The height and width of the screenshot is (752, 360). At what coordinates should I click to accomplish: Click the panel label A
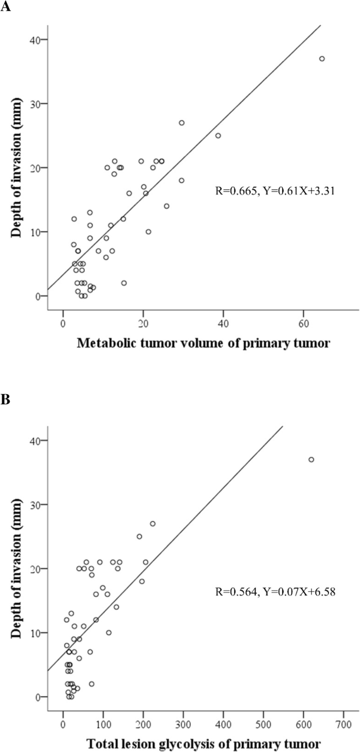(x=6, y=9)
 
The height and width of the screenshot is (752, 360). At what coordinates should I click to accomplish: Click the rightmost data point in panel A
(x=322, y=58)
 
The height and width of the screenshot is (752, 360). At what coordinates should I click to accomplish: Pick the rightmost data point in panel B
(x=311, y=459)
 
